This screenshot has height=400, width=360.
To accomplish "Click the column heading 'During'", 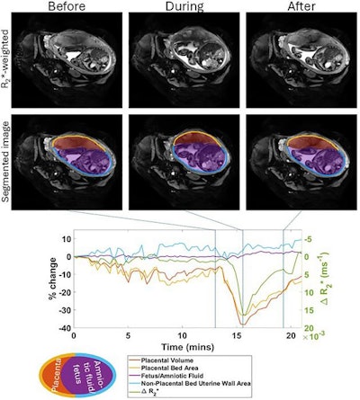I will (x=176, y=7).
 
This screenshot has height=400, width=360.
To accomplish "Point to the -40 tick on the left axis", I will (x=62, y=325).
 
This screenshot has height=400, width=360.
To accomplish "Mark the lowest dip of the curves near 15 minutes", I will (x=241, y=324).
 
